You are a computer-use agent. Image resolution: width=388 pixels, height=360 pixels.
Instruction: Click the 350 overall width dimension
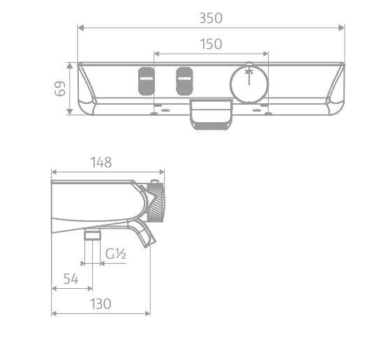211,17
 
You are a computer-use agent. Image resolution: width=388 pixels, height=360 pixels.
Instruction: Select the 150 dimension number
211,44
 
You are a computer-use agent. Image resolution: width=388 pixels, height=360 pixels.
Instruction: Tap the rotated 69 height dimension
61,89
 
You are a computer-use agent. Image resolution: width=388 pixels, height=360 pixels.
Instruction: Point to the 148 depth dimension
101,162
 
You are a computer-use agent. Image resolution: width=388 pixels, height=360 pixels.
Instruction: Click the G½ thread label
115,255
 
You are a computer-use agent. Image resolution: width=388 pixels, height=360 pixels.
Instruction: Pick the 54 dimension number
70,279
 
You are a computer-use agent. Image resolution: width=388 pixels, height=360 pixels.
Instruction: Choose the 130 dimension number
101,303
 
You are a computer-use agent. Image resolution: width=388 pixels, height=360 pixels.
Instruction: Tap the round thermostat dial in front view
248,84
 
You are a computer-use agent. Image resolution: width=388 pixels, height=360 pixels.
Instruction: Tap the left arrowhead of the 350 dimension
80,28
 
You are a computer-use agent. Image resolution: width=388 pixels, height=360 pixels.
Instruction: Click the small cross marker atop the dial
248,69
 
